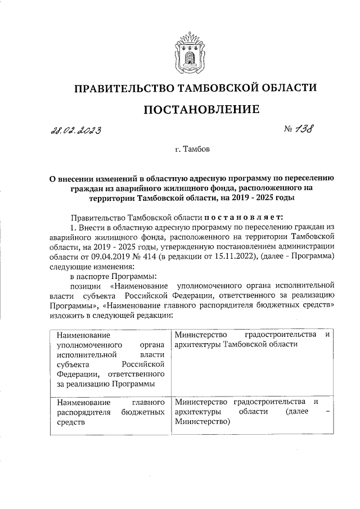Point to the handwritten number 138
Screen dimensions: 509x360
coord(305,129)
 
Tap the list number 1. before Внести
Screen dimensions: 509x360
coord(71,227)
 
